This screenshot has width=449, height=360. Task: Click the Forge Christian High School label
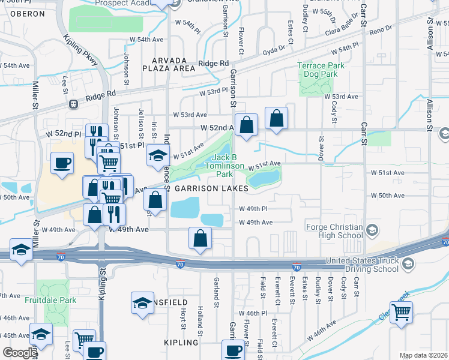click(334, 232)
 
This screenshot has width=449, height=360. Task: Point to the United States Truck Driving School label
click(361, 265)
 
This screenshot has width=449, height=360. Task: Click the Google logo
click(20, 352)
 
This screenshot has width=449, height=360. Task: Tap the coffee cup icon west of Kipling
click(62, 163)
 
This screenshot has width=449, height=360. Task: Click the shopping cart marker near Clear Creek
click(401, 311)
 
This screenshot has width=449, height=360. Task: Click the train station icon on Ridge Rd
click(74, 103)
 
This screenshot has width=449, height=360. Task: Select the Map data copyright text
click(423, 355)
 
